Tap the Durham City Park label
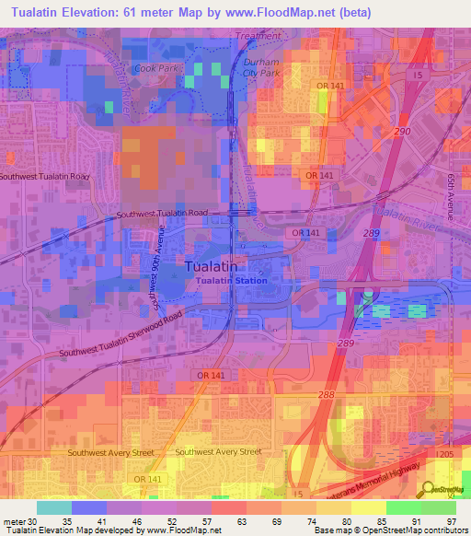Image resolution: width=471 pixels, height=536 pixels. click(x=261, y=66)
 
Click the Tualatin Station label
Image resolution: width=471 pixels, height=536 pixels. click(x=235, y=281)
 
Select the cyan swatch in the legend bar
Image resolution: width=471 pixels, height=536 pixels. click(x=54, y=507)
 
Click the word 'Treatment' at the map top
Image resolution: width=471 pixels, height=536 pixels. click(x=258, y=36)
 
